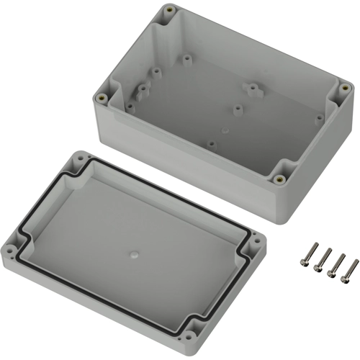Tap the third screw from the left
(x=336, y=264)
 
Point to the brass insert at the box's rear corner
(x=170, y=11)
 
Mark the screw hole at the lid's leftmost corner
(x=13, y=251)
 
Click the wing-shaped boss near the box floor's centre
(x=252, y=89)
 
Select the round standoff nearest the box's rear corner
(x=187, y=55)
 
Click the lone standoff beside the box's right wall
(x=317, y=117)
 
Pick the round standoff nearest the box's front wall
(x=210, y=143)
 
